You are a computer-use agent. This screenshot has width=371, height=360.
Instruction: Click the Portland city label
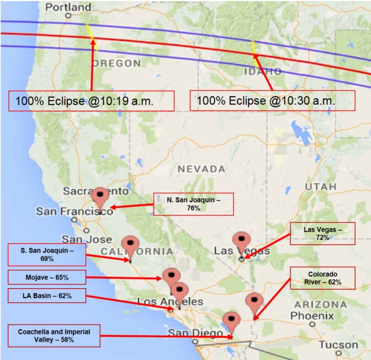pos(68,8)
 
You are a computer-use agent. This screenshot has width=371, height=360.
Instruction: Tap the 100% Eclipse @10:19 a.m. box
pos(92,101)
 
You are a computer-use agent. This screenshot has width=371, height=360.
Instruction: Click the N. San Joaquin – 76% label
pos(193,204)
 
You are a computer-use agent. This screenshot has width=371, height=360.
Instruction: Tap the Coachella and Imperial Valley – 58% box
pos(54,336)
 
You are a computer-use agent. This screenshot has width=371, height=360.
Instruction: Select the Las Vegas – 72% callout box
pos(322,232)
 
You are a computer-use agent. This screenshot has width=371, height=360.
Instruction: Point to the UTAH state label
pos(320,187)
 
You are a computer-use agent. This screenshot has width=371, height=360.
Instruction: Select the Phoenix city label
pos(312,315)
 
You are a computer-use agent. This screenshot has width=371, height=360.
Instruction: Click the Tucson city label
pos(338,345)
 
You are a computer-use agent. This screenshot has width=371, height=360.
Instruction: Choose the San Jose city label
pos(87,239)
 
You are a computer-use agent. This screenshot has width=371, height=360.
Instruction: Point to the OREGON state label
pos(116,63)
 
